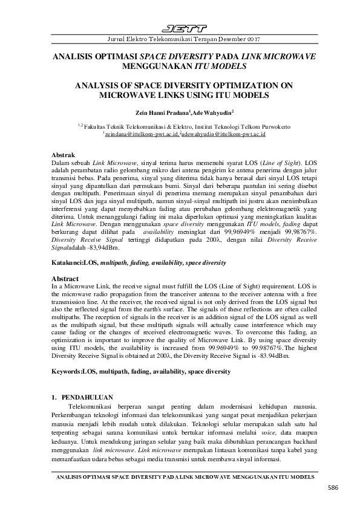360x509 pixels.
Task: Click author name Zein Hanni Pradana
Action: click(164, 112)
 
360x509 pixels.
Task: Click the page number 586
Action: click(332, 487)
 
